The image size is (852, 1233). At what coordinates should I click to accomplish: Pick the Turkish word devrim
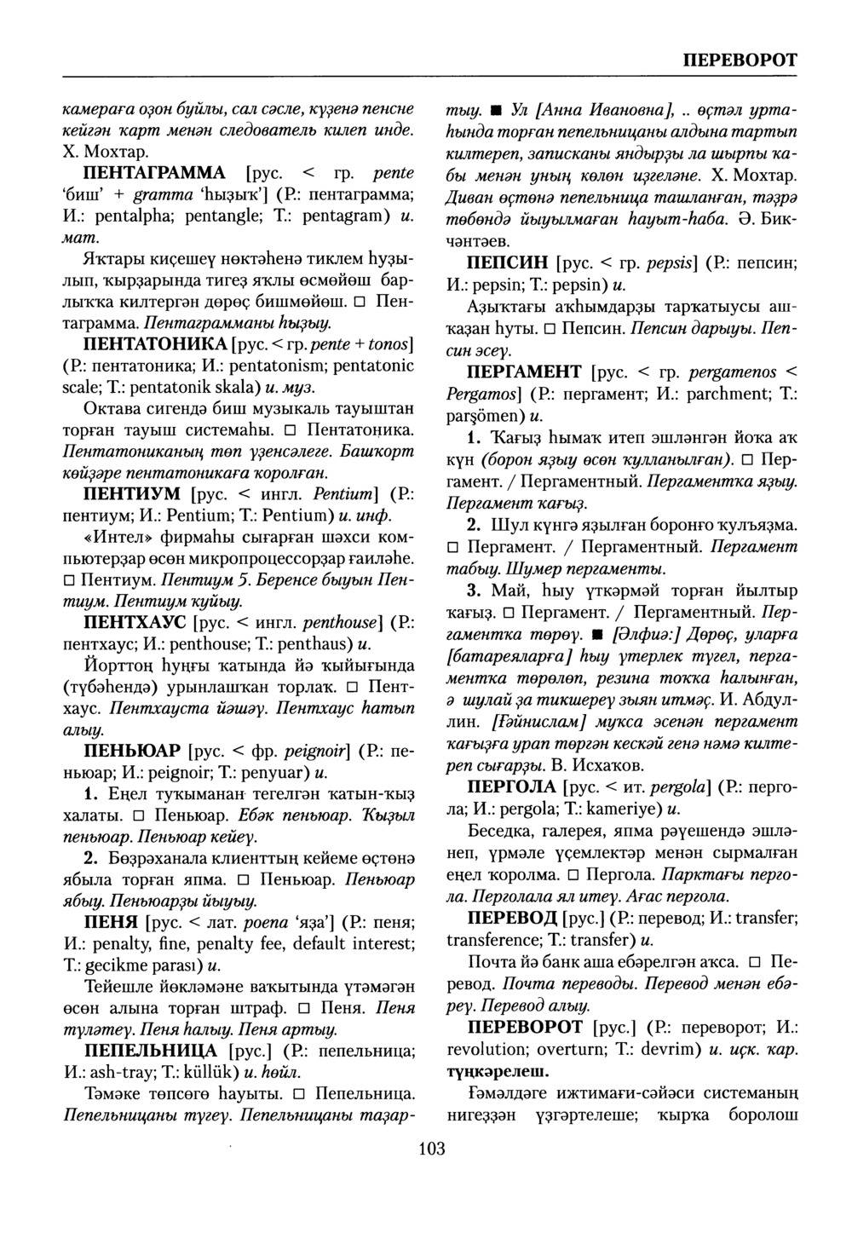click(x=674, y=1049)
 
